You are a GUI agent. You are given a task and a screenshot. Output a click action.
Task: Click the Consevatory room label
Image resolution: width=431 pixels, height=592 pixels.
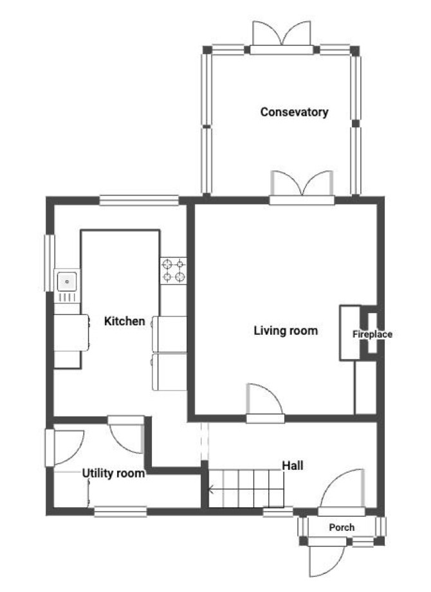(x=294, y=112)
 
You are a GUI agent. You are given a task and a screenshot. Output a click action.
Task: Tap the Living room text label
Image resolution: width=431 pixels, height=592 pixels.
(x=286, y=331)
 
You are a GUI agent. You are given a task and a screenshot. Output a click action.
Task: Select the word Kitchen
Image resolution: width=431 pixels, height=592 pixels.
(x=124, y=321)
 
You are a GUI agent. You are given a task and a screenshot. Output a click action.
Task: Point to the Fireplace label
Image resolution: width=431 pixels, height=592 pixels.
(x=372, y=334)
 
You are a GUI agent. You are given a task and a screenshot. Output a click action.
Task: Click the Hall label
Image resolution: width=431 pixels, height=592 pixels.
(x=293, y=465)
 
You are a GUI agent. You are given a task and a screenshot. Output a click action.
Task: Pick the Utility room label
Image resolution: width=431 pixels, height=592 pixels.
(x=113, y=474)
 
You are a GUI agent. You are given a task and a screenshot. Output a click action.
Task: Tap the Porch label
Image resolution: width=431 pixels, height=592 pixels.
(x=342, y=528)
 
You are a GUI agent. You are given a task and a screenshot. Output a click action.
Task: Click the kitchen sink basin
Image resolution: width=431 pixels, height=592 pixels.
(x=67, y=282)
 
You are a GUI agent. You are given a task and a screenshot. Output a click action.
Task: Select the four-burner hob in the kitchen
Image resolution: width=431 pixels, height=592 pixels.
(x=174, y=271)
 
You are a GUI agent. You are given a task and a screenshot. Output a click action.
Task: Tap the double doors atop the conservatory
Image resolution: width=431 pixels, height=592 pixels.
(x=281, y=38)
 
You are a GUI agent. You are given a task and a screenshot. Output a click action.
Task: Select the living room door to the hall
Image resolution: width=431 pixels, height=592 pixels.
(x=265, y=403)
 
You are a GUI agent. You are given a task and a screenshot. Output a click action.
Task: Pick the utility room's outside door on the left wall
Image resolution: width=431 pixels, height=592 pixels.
(x=64, y=448)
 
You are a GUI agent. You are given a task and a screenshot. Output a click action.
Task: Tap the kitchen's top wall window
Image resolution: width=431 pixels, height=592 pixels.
(x=139, y=200)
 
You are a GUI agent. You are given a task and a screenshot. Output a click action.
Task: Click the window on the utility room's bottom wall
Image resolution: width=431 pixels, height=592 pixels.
(x=120, y=512)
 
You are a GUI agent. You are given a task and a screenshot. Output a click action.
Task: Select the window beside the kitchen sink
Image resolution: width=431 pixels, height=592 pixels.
(x=50, y=263)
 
